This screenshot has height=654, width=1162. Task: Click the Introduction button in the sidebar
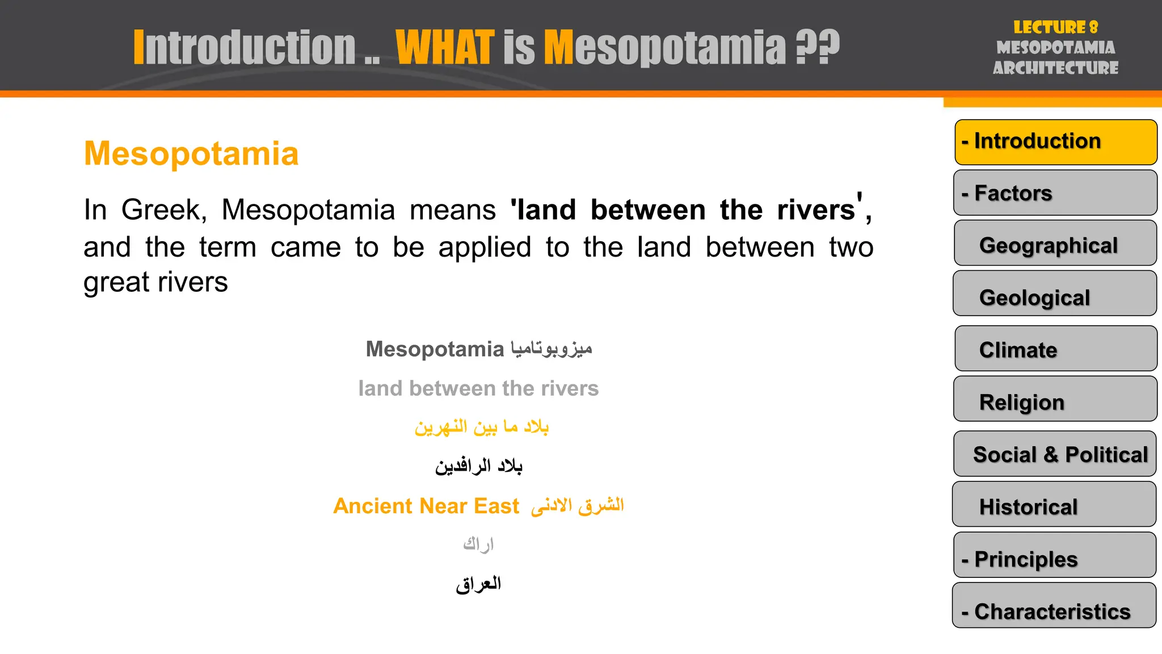pos(1055,142)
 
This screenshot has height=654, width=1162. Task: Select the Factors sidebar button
pos(1055,193)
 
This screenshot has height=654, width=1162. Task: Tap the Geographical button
pos(1055,244)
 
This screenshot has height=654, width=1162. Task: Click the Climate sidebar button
pos(1055,349)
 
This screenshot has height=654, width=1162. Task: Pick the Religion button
pos(1055,400)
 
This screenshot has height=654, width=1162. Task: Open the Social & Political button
pos(1055,454)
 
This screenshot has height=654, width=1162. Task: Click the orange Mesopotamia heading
pos(191,153)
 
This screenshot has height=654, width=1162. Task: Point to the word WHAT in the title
pos(445,48)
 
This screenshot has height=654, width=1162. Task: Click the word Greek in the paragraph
pos(163,210)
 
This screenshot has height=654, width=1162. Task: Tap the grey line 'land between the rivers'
pos(478,388)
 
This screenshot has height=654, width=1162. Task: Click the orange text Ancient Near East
pos(426,506)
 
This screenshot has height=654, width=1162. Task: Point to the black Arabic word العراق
pos(478,584)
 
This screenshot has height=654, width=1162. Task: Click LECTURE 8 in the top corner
pos(1055,27)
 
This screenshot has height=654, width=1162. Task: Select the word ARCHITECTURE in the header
pos(1055,68)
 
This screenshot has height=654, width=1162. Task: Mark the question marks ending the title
pos(817,48)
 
